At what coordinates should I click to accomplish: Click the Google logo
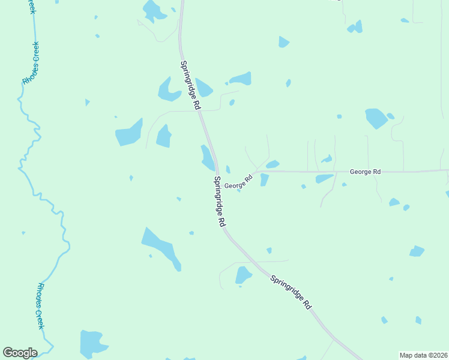tap(20, 353)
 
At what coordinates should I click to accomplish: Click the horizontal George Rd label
tap(365, 172)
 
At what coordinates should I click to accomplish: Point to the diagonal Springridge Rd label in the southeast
tap(291, 292)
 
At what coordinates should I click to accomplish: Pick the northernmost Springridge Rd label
tap(190, 85)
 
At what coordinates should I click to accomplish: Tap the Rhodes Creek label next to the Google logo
tap(40, 306)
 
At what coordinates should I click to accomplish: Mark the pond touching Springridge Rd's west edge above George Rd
tap(207, 157)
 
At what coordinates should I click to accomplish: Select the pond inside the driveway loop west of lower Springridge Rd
tap(243, 275)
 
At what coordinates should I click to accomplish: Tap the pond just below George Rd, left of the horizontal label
tap(324, 178)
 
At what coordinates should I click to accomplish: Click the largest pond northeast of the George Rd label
tap(376, 118)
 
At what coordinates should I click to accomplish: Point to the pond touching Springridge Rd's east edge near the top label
tap(203, 88)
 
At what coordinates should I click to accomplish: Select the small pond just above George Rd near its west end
tap(273, 164)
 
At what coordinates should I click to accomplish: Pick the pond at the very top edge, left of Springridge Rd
tap(154, 10)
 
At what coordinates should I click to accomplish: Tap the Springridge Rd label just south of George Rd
tap(219, 201)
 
